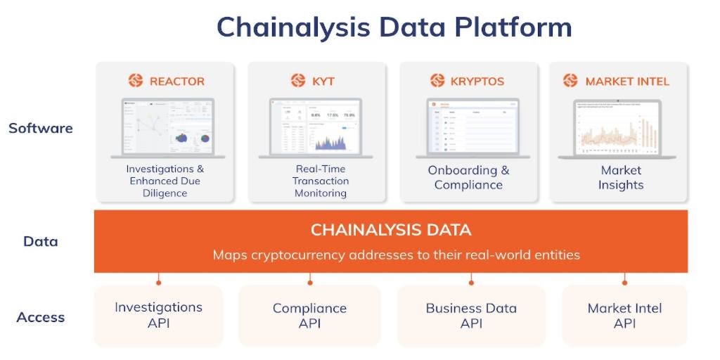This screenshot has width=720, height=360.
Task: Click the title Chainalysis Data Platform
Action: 394,27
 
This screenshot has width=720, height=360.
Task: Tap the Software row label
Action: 41,129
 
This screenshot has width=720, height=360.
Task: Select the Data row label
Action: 41,241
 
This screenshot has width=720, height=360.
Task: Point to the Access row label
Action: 41,317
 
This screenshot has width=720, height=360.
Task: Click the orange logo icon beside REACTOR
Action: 136,81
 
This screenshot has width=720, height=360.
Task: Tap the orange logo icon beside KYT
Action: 298,81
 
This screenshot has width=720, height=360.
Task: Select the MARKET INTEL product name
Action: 627,81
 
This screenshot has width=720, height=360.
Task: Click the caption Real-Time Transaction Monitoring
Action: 321,181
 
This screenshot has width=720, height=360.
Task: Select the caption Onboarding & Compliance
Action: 468,178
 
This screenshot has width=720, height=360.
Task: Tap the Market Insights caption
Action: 621,178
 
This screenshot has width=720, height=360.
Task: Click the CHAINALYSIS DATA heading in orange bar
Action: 391,230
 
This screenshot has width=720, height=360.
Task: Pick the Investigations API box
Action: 158,316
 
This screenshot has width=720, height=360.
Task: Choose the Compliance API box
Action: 309,316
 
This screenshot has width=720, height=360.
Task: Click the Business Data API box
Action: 471,316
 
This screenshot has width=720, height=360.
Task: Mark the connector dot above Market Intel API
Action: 624,283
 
